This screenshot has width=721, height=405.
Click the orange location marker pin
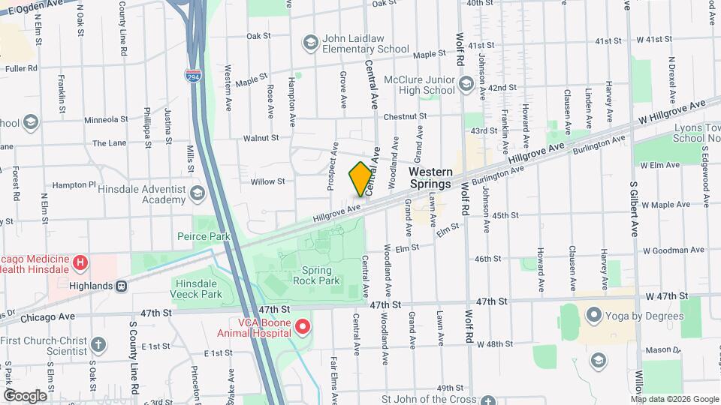point(360,179)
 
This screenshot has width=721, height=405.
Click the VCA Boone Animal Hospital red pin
point(303,326)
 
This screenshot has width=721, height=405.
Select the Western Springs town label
point(430,178)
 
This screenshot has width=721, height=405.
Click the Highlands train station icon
point(121,286)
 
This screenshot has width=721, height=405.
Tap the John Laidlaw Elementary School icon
point(310,41)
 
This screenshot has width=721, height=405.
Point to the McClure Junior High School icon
point(466,82)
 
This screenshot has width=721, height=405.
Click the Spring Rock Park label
point(321,275)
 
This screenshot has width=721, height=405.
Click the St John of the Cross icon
point(488,400)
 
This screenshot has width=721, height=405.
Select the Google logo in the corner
point(25,395)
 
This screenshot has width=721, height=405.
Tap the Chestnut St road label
point(405,116)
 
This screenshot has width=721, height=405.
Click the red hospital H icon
point(80,263)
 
